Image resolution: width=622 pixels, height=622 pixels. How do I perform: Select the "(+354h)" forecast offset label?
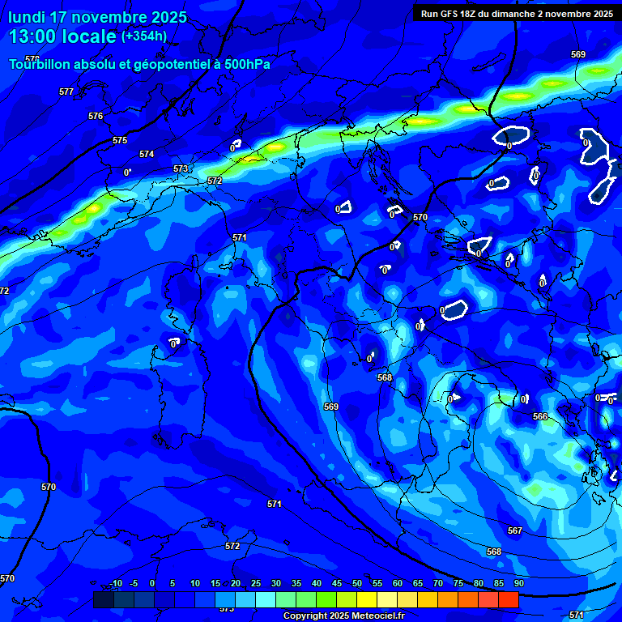point(144,36)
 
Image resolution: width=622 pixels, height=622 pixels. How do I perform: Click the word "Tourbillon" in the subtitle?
point(40,64)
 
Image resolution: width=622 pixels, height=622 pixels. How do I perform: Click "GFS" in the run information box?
point(452,14)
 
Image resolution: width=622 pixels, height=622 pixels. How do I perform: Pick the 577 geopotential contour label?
point(66,92)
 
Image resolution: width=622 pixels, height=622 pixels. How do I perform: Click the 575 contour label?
point(120,140)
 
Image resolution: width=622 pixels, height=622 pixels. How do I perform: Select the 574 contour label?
point(147,154)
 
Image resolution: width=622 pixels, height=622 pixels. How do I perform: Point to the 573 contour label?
point(181,168)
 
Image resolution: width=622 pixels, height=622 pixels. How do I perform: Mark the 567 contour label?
point(515,530)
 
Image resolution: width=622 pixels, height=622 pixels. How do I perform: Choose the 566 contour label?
point(540,416)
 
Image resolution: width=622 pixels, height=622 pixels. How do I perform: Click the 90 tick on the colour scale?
point(518,583)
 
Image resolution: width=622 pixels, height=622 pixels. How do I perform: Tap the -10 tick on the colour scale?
point(116,583)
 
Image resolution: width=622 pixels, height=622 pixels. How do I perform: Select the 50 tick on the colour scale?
point(357,583)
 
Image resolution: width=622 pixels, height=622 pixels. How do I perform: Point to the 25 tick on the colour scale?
point(256,583)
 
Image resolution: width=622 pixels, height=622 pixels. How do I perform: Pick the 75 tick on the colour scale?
point(458,583)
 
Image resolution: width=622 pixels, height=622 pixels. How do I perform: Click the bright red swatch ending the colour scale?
point(509,599)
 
